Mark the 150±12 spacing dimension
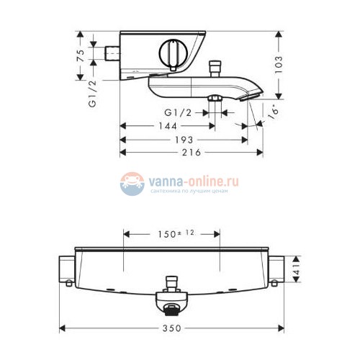[172, 233]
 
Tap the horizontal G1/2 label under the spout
[177, 112]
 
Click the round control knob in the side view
[173, 55]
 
